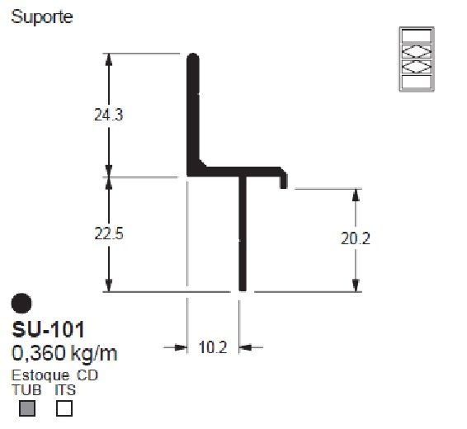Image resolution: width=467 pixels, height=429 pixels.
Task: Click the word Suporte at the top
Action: pos(40,17)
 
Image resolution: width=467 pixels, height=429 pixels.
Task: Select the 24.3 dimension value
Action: pos(109,115)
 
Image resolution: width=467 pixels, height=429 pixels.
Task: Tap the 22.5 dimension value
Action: pos(109,234)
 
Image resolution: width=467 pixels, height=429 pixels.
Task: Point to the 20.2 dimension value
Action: pos(356,239)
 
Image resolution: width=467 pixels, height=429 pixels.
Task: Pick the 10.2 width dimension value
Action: pos(213,347)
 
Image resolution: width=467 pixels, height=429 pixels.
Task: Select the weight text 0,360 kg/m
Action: pos(64,354)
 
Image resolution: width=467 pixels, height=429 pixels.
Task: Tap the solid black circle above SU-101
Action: pos(23,304)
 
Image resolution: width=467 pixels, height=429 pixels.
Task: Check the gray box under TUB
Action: pos(26,408)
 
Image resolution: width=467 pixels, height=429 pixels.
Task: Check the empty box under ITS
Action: pos(64,408)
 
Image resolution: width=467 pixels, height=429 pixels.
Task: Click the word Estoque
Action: pos(40,376)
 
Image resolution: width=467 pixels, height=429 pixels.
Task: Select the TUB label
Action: pos(25,389)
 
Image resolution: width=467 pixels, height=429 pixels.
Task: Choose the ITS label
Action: pos(64,389)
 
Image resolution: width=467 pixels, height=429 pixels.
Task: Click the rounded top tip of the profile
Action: pos(193,59)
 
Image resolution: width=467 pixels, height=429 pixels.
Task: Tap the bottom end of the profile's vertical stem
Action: pos(243,286)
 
